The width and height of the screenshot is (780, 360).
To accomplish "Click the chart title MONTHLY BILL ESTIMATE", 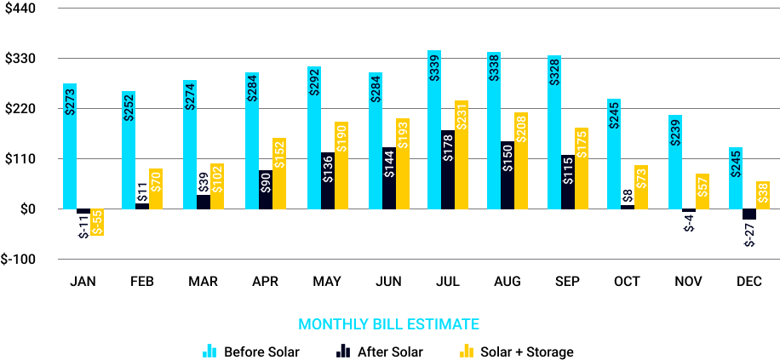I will point(388,324).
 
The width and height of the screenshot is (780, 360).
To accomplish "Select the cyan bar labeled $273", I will point(70,146).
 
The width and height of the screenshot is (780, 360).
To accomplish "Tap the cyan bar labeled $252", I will point(129,150).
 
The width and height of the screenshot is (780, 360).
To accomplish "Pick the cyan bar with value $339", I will point(434,129).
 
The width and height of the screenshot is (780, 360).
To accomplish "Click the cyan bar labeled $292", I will point(314,137).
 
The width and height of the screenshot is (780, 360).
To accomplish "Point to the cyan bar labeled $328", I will point(554,132).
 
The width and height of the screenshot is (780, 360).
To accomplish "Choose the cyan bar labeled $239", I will point(675,162).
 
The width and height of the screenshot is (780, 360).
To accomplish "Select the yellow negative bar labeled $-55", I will point(97,222).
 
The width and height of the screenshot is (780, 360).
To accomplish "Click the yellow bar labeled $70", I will point(156,188).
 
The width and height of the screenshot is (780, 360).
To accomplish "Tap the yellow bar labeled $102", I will point(217,186).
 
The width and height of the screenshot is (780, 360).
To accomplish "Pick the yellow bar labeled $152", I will point(279,173).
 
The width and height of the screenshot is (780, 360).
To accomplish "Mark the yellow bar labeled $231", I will point(462,154).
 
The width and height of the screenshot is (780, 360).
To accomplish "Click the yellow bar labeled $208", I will point(521,160).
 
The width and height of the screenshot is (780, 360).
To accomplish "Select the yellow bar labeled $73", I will point(641,186).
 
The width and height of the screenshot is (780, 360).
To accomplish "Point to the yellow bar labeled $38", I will point(763,195).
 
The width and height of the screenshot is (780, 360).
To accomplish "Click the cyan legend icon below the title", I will point(209,351).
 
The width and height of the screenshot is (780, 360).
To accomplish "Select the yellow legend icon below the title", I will point(467,351).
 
